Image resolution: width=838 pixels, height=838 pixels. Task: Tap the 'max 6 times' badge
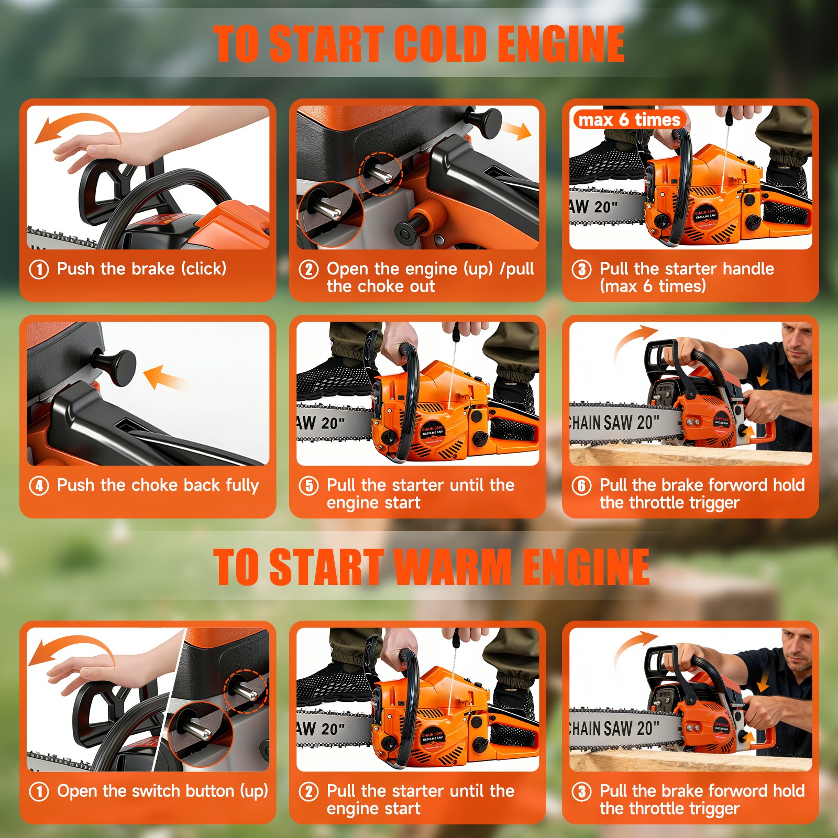point(629,120)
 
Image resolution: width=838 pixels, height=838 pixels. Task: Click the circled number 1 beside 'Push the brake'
point(39,270)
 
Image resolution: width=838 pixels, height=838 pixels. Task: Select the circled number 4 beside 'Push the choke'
point(39,486)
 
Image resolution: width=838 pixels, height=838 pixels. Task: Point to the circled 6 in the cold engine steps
point(581,486)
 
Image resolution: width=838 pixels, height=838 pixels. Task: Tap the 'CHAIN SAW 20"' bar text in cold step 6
point(613,422)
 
